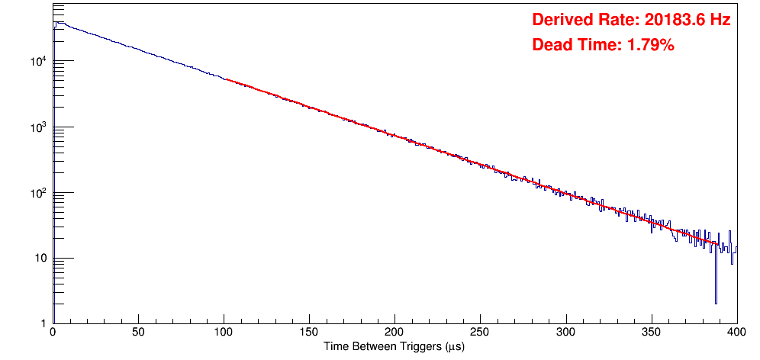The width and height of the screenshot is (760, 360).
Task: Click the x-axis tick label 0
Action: click(x=52, y=333)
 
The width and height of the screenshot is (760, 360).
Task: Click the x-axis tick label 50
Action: click(x=138, y=333)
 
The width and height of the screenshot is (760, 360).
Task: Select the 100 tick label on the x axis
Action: click(x=224, y=333)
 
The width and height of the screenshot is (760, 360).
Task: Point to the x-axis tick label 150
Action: click(x=309, y=333)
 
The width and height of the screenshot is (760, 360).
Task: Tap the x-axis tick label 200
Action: click(x=394, y=333)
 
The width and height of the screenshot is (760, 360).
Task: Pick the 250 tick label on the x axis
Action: click(x=480, y=333)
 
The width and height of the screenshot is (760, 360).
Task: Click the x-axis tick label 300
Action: click(x=565, y=333)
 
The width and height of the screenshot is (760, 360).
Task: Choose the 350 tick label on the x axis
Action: click(x=651, y=333)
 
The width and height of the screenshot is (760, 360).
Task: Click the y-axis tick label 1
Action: click(x=44, y=323)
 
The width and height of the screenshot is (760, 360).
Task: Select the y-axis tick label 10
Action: click(x=40, y=259)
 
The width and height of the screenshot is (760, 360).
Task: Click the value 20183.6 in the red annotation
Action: click(x=671, y=21)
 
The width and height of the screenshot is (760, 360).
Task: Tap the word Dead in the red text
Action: click(x=551, y=46)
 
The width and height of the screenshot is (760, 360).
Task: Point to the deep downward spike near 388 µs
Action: click(x=716, y=302)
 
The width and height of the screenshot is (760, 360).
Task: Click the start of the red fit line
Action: click(x=227, y=79)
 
